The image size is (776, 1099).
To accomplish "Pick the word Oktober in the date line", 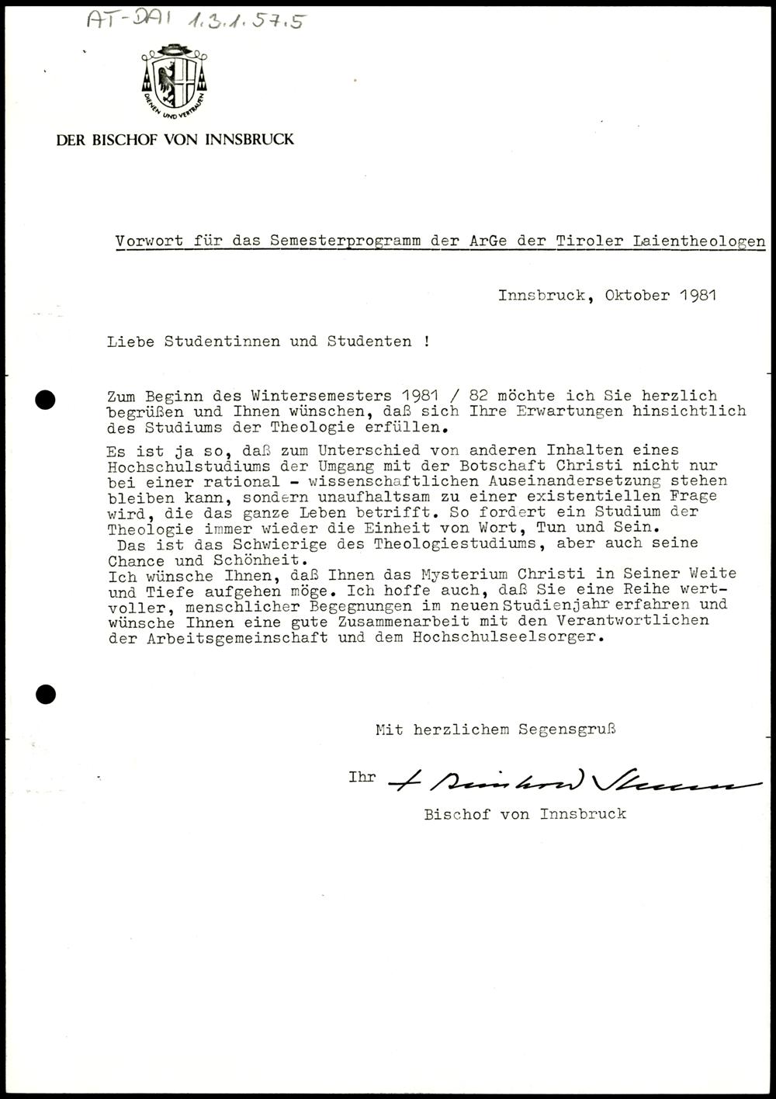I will pos(637,295).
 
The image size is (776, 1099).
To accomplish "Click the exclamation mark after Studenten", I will pos(427,341).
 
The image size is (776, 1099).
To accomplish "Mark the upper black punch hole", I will pos(46,400).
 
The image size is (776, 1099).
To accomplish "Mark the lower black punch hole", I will pos(46,694).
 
